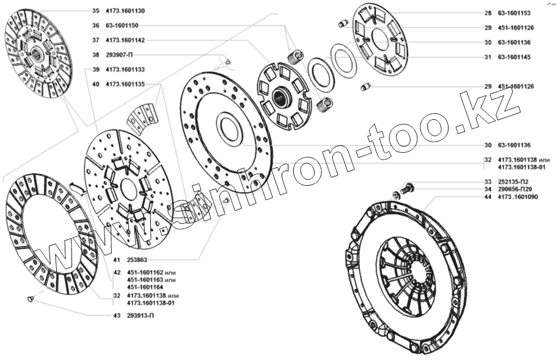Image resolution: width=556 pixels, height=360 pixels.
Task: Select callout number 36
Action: point(95,26)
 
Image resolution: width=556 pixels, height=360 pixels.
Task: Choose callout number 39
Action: point(95,70)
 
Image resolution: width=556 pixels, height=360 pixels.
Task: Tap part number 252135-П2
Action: point(514,182)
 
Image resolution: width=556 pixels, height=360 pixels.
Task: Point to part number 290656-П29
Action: point(515,190)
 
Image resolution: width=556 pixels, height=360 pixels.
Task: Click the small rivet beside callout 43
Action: point(31,299)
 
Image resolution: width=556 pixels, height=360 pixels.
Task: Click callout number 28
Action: point(487,13)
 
